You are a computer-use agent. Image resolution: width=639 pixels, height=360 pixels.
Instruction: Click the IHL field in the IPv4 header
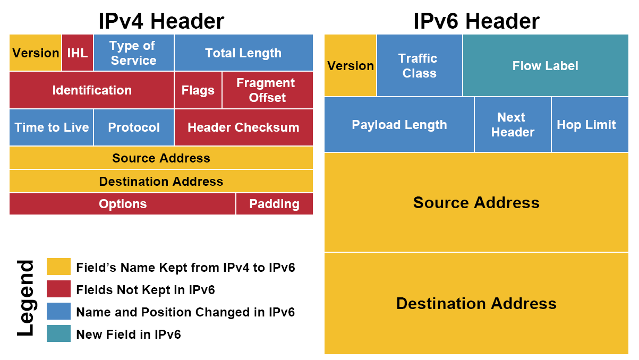pyautogui.click(x=78, y=53)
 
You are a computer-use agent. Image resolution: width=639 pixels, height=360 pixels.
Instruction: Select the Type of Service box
pyautogui.click(x=133, y=53)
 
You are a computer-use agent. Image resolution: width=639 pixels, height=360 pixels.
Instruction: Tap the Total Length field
pyautogui.click(x=243, y=53)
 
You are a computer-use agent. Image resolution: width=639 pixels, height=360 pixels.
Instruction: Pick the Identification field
pyautogui.click(x=92, y=90)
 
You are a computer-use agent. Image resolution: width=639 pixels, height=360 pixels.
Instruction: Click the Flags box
pyautogui.click(x=198, y=90)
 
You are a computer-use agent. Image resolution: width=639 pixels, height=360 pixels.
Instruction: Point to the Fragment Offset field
pyautogui.click(x=267, y=90)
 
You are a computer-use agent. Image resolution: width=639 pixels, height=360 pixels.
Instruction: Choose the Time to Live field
pyautogui.click(x=52, y=127)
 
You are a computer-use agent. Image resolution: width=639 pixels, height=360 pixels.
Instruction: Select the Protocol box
pyautogui.click(x=134, y=127)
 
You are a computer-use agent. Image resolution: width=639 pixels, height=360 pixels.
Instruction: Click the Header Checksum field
pyautogui.click(x=243, y=127)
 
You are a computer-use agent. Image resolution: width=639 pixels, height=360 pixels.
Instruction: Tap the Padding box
pyautogui.click(x=274, y=204)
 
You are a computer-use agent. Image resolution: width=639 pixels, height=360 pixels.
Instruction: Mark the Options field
pyautogui.click(x=123, y=204)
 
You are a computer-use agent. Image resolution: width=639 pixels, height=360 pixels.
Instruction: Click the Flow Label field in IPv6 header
pyautogui.click(x=546, y=66)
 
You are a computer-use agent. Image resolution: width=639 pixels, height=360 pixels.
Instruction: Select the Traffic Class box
pyautogui.click(x=419, y=66)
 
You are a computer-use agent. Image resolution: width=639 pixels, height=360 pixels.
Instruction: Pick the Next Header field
pyautogui.click(x=513, y=125)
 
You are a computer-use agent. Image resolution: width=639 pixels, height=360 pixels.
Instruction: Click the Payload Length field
pyautogui.click(x=399, y=125)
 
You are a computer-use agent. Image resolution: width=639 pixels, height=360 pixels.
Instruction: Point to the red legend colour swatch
pyautogui.click(x=58, y=289)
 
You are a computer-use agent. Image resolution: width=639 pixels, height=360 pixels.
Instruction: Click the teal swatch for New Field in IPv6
pyautogui.click(x=58, y=333)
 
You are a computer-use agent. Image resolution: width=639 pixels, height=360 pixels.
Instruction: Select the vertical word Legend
pyautogui.click(x=25, y=298)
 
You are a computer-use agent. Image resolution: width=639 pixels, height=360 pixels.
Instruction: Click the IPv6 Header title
pyautogui.click(x=476, y=21)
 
